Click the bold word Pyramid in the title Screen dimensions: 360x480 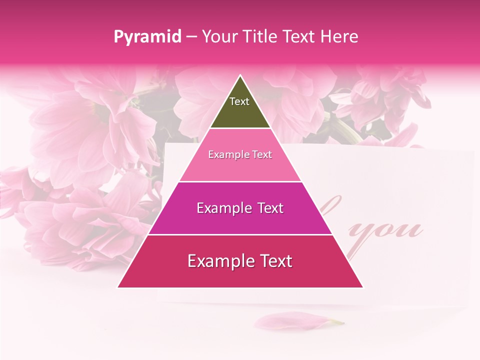147,37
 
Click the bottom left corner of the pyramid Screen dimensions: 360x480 118,287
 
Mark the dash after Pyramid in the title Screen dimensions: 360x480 191,37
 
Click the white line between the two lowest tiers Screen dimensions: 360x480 240,234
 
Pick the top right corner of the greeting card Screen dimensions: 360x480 472,151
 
